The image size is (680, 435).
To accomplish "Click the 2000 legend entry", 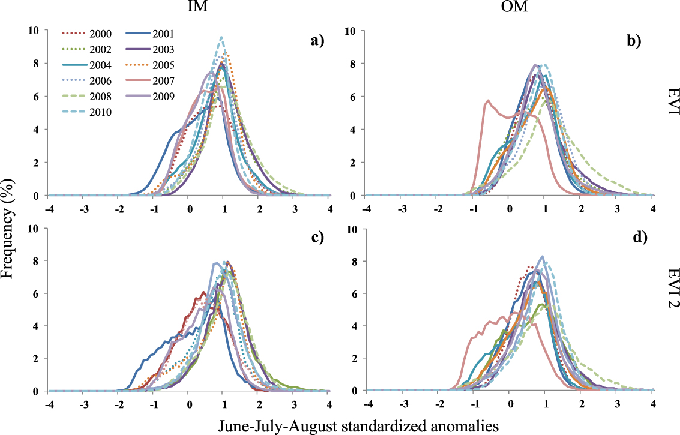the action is [87, 34].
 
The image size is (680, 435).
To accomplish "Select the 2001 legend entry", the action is [150, 34].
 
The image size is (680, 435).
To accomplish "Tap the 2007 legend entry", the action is [150, 80].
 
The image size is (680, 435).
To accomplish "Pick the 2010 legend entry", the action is [87, 112].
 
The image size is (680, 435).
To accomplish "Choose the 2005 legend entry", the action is [150, 65].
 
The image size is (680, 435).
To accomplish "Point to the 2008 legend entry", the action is [87, 96].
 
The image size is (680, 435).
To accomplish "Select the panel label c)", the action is [317, 238].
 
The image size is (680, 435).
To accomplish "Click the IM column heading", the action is [197, 7].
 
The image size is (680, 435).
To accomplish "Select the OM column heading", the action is [514, 7].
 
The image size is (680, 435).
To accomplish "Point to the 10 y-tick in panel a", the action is [34, 30].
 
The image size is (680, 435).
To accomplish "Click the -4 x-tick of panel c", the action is [49, 404].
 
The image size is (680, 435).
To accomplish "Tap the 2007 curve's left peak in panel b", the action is [489, 101].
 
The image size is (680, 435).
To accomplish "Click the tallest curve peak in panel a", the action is [221, 37].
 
